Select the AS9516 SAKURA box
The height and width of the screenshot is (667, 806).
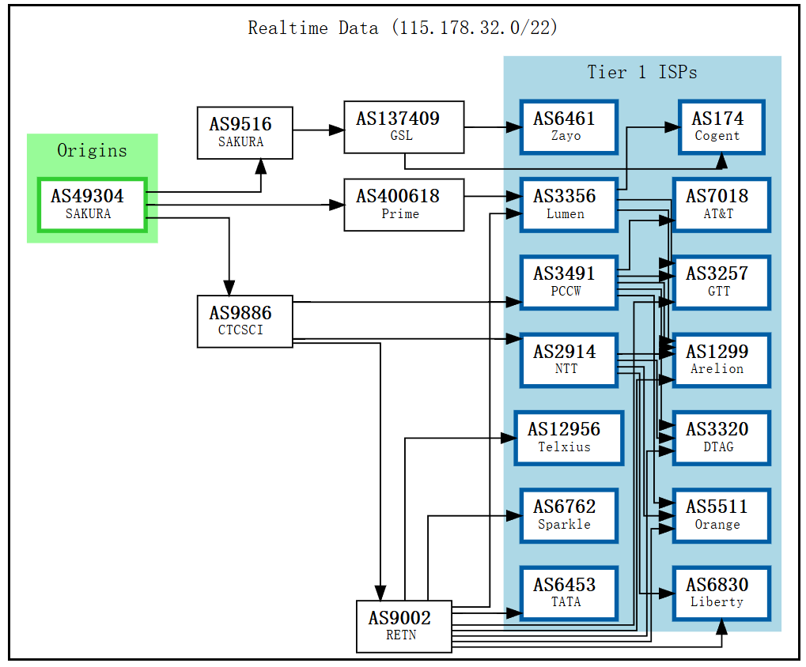[244, 133]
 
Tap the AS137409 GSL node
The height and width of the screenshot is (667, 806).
[403, 126]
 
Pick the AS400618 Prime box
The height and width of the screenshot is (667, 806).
[403, 204]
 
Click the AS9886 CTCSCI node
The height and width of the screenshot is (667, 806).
[244, 321]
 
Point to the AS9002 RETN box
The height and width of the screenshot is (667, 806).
[403, 626]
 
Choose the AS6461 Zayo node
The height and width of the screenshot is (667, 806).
[569, 126]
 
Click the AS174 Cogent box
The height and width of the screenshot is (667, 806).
[721, 126]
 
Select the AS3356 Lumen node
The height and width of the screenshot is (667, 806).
[569, 204]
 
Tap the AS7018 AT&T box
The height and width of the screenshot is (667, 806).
[721, 204]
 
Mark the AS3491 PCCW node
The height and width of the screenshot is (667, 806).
[569, 282]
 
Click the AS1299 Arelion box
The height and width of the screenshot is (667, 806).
[721, 360]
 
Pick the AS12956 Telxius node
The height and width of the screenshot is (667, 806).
[569, 437]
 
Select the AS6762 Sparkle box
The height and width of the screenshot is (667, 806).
[569, 514]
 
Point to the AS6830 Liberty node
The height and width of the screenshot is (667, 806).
[721, 593]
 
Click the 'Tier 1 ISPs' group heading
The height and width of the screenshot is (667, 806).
[641, 73]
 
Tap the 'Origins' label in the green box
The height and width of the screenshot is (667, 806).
[92, 150]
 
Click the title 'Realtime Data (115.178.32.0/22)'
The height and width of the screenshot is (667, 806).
[403, 28]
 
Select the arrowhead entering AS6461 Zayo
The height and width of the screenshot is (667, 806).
[513, 126]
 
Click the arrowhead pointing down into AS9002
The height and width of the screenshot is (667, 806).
[380, 594]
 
